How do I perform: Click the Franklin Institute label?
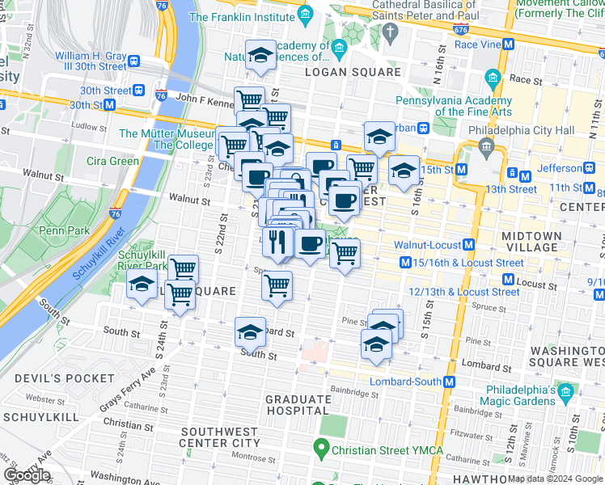tap(241, 16)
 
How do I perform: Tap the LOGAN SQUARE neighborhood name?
tap(352, 73)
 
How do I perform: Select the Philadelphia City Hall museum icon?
tap(487, 145)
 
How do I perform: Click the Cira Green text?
tap(112, 161)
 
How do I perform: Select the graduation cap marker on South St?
tap(251, 331)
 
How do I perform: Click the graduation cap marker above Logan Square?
tap(260, 55)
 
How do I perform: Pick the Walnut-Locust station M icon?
tap(469, 245)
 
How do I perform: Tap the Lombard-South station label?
tap(405, 382)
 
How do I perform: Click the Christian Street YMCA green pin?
tap(321, 447)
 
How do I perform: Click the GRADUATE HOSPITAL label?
tap(298, 405)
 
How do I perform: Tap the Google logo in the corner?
tap(27, 475)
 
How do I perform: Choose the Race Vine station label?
tap(477, 45)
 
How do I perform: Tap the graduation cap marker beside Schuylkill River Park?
tap(142, 285)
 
